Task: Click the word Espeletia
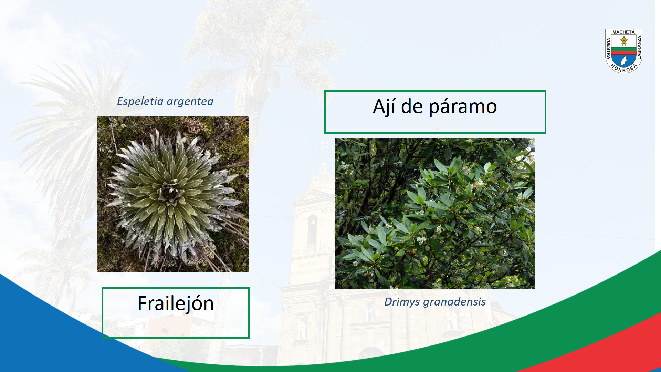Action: (140, 101)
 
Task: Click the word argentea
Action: (190, 102)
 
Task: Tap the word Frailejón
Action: (176, 304)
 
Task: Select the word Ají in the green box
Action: (384, 107)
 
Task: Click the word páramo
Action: (463, 107)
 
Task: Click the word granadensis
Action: (454, 302)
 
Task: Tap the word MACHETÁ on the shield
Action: (623, 32)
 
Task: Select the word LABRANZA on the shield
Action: (639, 48)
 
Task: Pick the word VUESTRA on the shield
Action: (608, 48)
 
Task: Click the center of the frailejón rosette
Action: (169, 193)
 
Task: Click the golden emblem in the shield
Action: (624, 41)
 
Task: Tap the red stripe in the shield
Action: (624, 53)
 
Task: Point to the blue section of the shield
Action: (624, 61)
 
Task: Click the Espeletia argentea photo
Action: (173, 194)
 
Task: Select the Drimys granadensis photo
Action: (435, 214)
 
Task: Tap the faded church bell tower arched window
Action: (312, 229)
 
